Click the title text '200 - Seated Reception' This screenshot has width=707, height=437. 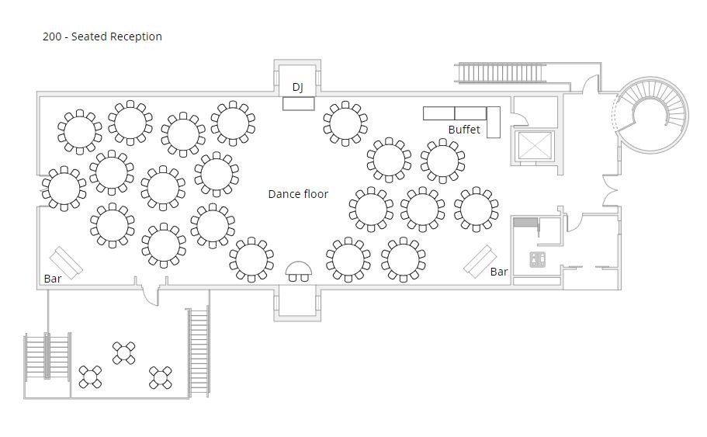[x=102, y=36]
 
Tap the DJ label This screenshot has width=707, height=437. [x=298, y=87]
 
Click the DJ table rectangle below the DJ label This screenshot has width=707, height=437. [x=298, y=103]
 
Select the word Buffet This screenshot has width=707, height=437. [x=464, y=130]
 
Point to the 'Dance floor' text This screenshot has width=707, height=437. [x=298, y=194]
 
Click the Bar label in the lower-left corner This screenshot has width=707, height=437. [x=53, y=279]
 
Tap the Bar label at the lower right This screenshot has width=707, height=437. [x=499, y=272]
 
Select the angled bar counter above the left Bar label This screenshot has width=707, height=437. [x=67, y=262]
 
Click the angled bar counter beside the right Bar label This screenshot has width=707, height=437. [x=480, y=261]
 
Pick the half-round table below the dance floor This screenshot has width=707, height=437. [x=299, y=272]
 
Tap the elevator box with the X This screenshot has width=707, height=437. [x=533, y=145]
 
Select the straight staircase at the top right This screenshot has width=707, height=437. [x=499, y=73]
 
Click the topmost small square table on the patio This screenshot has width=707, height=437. [x=124, y=353]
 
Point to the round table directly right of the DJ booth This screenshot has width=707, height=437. [x=345, y=123]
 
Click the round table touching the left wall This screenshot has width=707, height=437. [x=64, y=188]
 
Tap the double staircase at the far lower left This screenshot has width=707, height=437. [x=47, y=365]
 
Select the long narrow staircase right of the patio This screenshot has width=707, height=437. [x=198, y=352]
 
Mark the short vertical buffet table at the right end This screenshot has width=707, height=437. [x=493, y=123]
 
